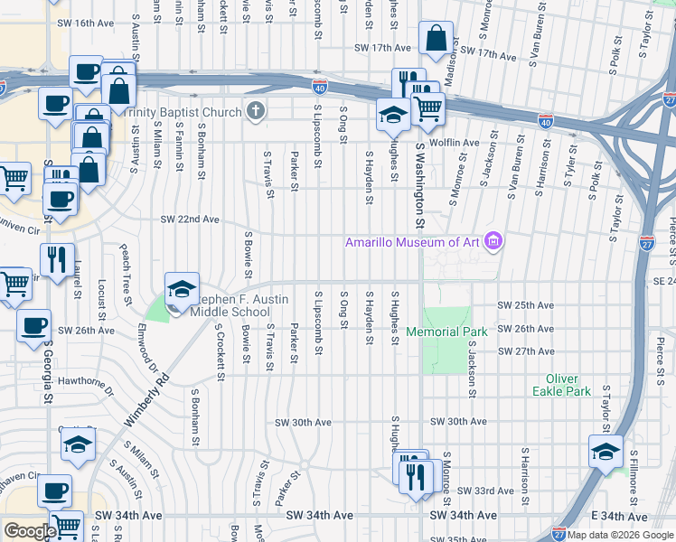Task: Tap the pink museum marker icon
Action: (x=493, y=241)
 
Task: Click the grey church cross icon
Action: (x=256, y=112)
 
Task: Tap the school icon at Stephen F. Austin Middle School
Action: (x=181, y=288)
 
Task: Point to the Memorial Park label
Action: (x=446, y=332)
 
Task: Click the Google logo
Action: (x=29, y=531)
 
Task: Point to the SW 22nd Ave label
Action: (x=190, y=220)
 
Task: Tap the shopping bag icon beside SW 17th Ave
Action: (x=436, y=40)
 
